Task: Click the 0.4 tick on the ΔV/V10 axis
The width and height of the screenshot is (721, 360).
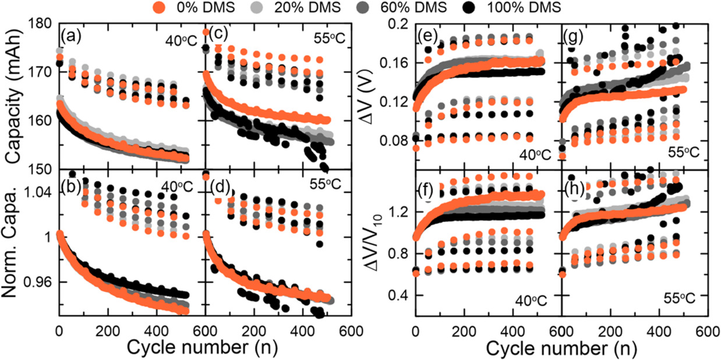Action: point(400,295)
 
